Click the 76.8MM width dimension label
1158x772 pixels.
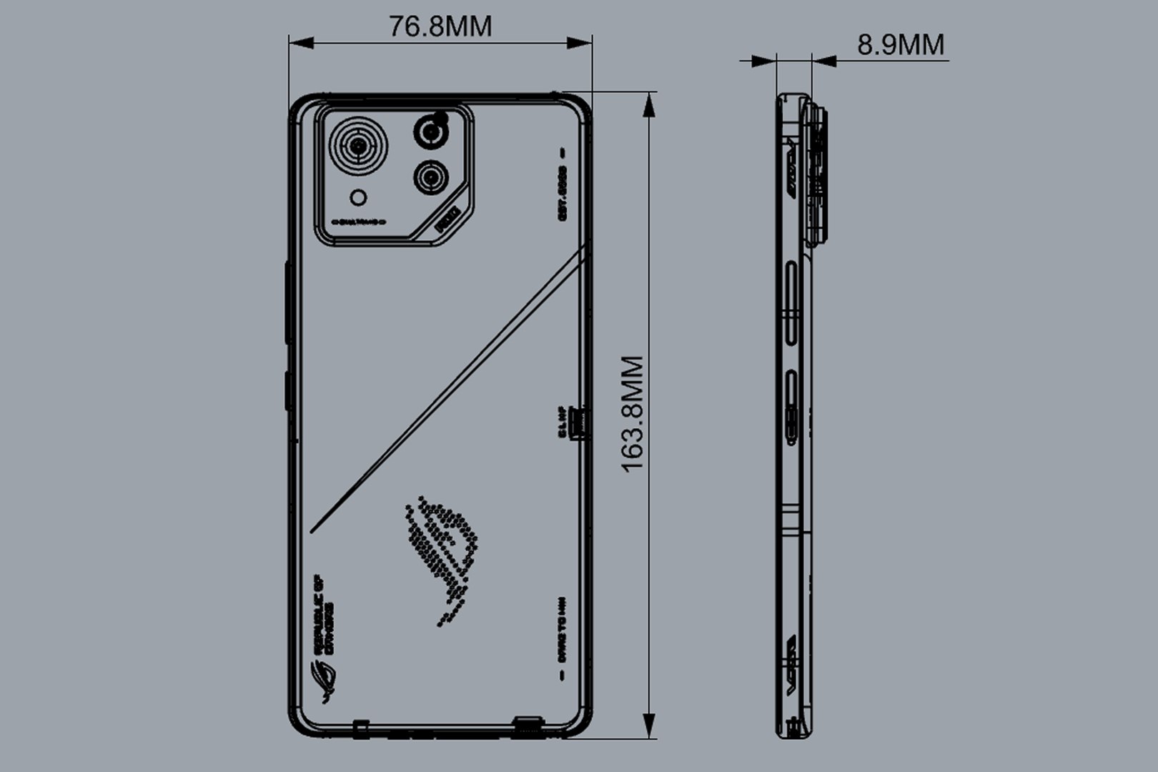[440, 26]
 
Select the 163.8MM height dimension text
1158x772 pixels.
[633, 414]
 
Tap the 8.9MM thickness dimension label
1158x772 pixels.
[900, 44]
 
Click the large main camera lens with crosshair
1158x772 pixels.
[359, 149]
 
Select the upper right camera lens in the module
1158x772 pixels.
[430, 132]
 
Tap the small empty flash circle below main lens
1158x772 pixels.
[359, 197]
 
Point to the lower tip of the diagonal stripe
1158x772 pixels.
[313, 530]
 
